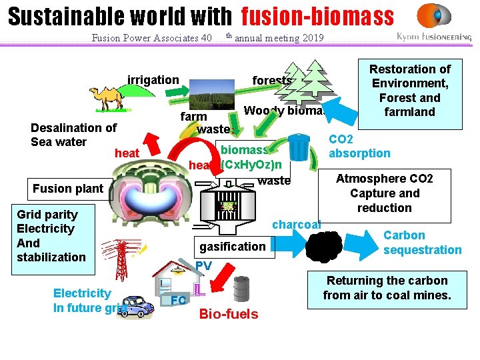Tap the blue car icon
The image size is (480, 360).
pyautogui.click(x=136, y=307)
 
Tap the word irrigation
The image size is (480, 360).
pyautogui.click(x=153, y=80)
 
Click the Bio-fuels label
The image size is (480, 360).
pyautogui.click(x=229, y=314)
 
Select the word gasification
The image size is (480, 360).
pyautogui.click(x=232, y=247)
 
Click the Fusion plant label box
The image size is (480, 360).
pyautogui.click(x=68, y=189)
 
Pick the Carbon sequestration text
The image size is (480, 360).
pyautogui.click(x=422, y=243)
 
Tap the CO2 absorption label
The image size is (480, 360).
pyautogui.click(x=360, y=147)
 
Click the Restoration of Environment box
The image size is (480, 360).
pyautogui.click(x=410, y=91)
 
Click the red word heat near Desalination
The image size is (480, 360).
pyautogui.click(x=127, y=154)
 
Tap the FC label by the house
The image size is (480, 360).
pyautogui.click(x=178, y=301)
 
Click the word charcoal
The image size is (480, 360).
pyautogui.click(x=297, y=225)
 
